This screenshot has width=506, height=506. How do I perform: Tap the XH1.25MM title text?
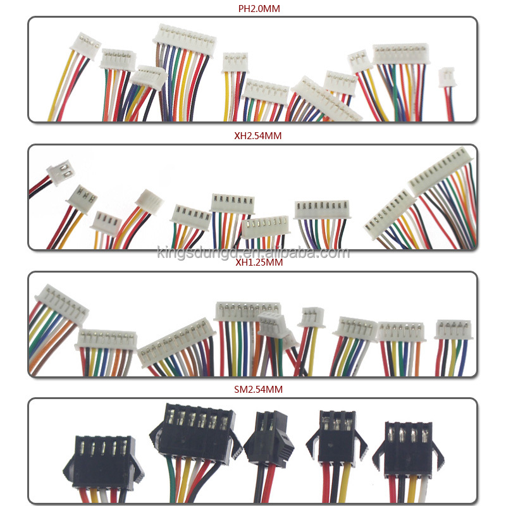tap(252, 262)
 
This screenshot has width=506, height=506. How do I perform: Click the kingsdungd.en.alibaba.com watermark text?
tap(252, 253)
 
